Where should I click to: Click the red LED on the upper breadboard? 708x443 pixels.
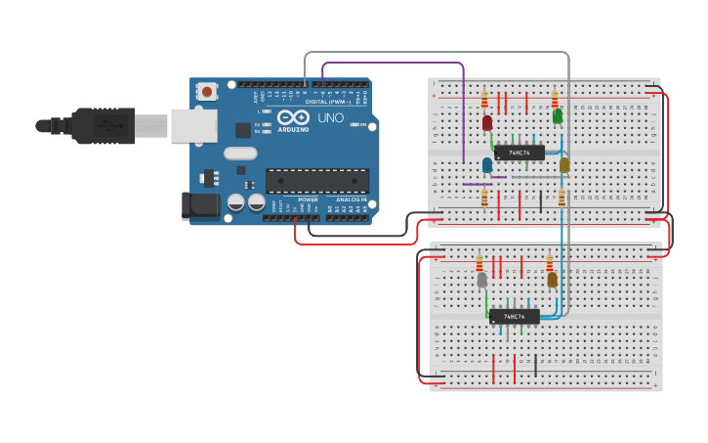pyautogui.click(x=486, y=122)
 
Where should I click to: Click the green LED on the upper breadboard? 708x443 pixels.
pyautogui.click(x=558, y=115)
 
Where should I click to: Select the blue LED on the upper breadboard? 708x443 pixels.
pyautogui.click(x=487, y=164)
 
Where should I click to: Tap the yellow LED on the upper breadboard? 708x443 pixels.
pyautogui.click(x=564, y=164)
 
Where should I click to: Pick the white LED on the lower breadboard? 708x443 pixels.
pyautogui.click(x=481, y=280)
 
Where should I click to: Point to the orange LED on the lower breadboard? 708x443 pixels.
pyautogui.click(x=552, y=280)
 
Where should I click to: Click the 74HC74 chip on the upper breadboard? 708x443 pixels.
pyautogui.click(x=519, y=153)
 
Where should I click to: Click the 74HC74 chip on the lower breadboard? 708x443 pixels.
pyautogui.click(x=514, y=316)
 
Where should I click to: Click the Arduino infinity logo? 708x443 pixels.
pyautogui.click(x=293, y=116)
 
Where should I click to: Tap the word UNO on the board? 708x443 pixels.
pyautogui.click(x=330, y=117)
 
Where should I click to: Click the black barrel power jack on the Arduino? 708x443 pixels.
pyautogui.click(x=199, y=205)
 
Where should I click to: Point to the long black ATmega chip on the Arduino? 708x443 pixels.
pyautogui.click(x=317, y=180)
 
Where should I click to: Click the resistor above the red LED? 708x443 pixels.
pyautogui.click(x=484, y=99)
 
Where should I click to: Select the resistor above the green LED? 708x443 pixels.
pyautogui.click(x=555, y=99)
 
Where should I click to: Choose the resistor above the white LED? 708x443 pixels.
pyautogui.click(x=479, y=262)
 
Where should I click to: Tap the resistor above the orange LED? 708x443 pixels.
pyautogui.click(x=549, y=262)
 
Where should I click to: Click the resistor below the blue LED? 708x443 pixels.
pyautogui.click(x=484, y=199)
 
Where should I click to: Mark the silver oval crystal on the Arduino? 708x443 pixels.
pyautogui.click(x=240, y=153)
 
